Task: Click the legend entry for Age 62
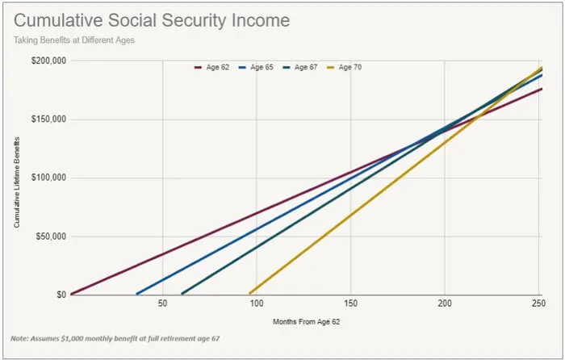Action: (x=212, y=67)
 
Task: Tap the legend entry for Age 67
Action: (x=301, y=67)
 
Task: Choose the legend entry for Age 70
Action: (x=345, y=67)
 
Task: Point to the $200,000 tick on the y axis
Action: (x=49, y=61)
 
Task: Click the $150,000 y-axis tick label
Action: (x=49, y=119)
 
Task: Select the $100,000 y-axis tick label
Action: (x=49, y=178)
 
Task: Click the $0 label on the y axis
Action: (x=61, y=295)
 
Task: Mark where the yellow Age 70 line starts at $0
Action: (x=250, y=294)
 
